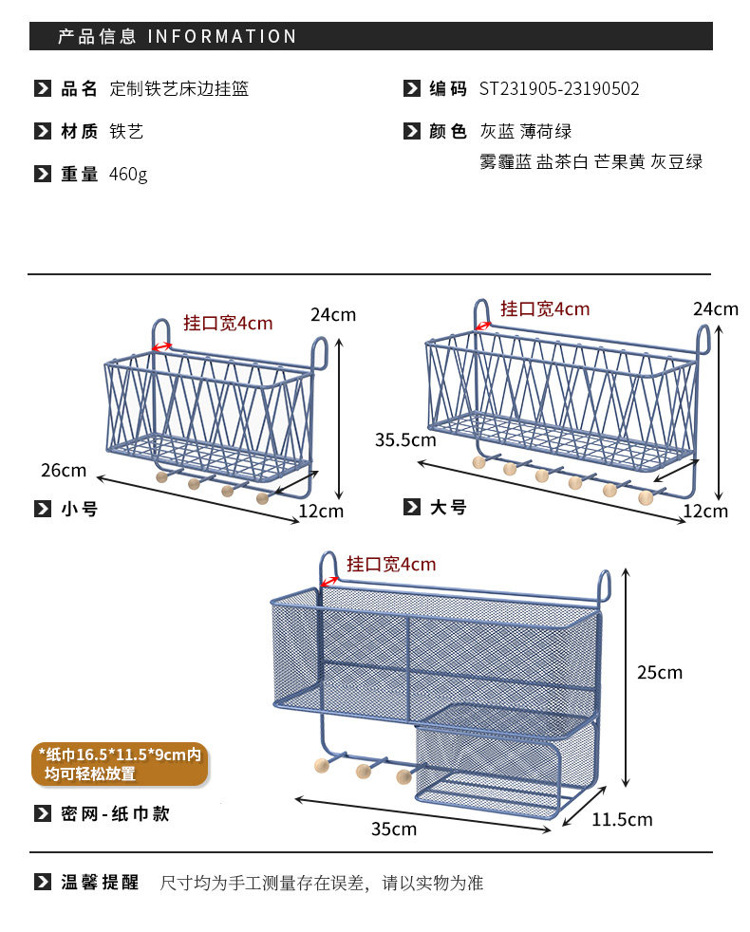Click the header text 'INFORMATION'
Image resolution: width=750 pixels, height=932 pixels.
(222, 37)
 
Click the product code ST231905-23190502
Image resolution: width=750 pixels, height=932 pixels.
(559, 89)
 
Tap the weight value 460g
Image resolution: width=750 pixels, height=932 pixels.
(128, 175)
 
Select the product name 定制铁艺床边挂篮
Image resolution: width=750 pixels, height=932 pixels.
(179, 89)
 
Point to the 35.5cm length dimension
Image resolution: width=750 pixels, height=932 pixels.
(405, 439)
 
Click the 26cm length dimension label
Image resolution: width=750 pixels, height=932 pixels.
(64, 470)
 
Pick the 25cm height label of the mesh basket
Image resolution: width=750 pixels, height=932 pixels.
(659, 672)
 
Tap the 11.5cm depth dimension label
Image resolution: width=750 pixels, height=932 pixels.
(622, 819)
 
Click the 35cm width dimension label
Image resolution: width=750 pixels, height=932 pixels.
(393, 829)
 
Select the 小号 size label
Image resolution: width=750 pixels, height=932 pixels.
(80, 509)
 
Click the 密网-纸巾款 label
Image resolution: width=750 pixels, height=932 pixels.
(115, 813)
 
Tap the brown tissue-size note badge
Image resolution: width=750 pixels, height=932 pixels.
(120, 764)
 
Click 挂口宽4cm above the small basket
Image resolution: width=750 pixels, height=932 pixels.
(228, 324)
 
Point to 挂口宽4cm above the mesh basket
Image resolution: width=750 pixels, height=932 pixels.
(391, 565)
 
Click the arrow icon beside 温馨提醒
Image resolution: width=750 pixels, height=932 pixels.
(43, 883)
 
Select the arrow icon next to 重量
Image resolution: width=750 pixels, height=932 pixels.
(43, 174)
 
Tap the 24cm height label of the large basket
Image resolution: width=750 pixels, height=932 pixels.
(715, 308)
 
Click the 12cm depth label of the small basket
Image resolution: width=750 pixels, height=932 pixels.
(321, 512)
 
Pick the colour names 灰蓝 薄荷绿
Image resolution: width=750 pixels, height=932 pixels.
(526, 131)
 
